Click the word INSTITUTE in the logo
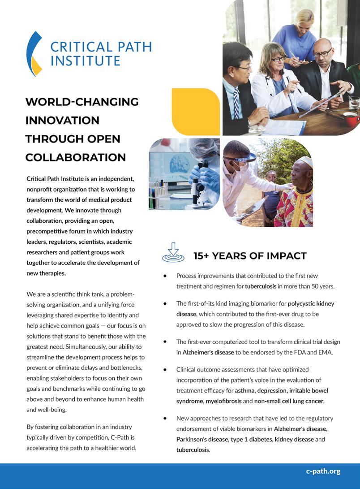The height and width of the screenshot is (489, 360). click(x=85, y=61)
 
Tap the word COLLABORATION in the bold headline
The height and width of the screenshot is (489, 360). click(x=76, y=157)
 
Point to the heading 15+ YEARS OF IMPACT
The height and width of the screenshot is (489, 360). click(x=250, y=256)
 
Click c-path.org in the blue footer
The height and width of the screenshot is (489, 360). click(x=323, y=471)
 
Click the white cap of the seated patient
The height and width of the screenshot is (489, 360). click(x=306, y=161)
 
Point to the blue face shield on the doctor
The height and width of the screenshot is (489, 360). click(x=244, y=158)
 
